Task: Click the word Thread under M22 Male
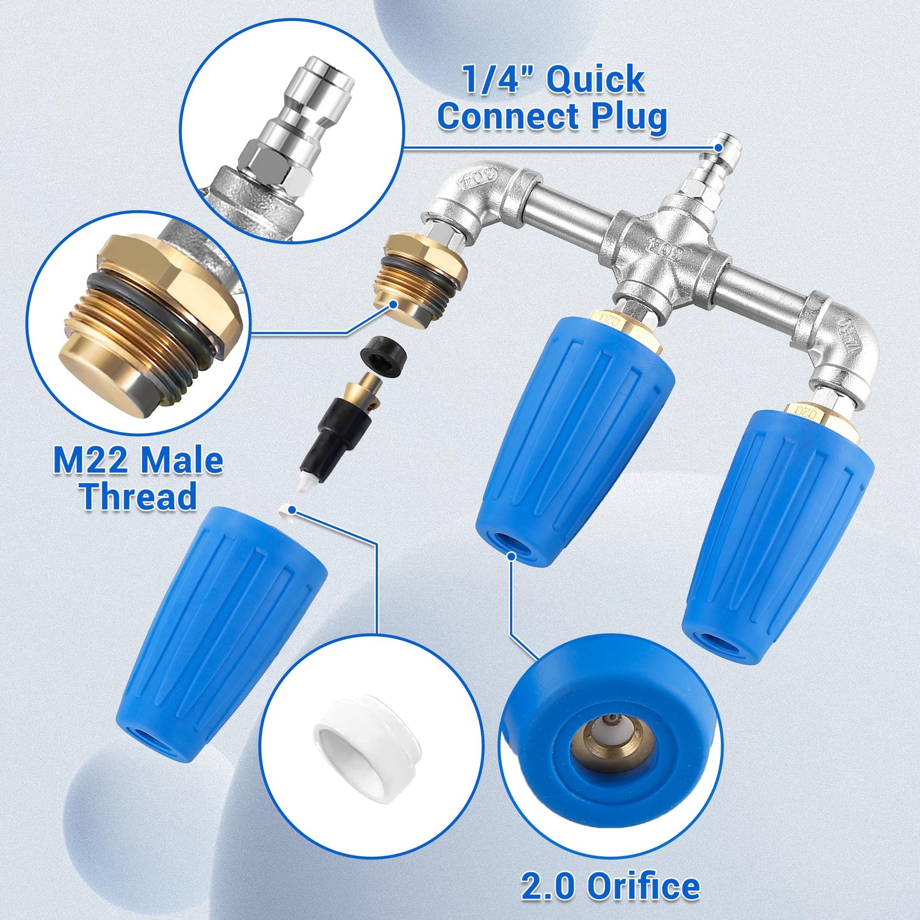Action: coord(138,497)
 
